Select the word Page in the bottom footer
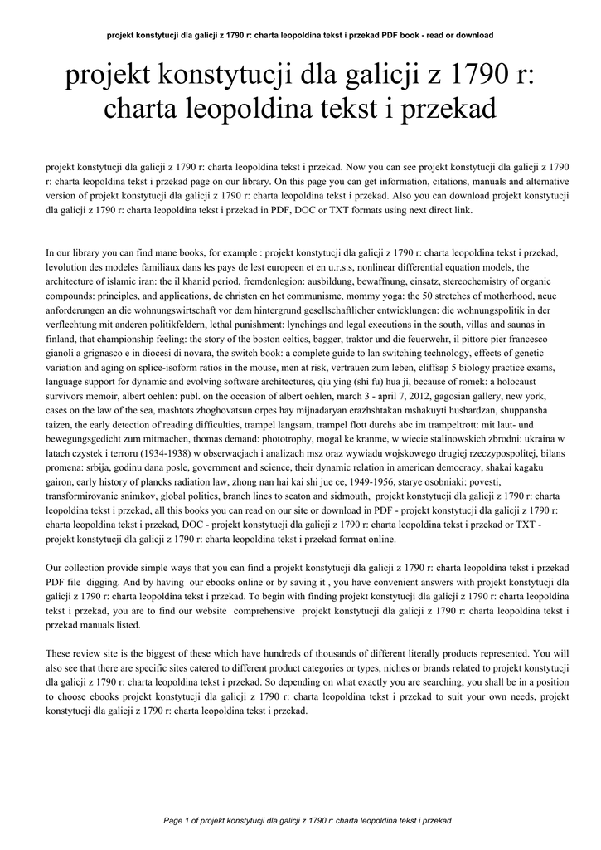(x=173, y=820)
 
